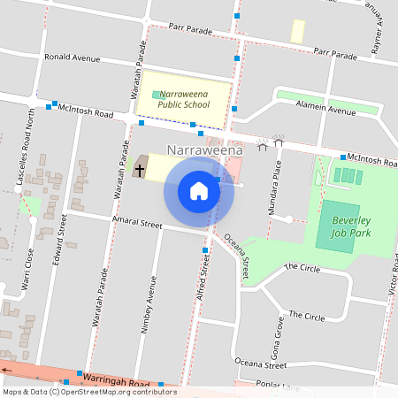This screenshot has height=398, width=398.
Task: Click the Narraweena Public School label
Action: pyautogui.click(x=183, y=99)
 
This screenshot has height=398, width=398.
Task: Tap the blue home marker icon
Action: pyautogui.click(x=199, y=191)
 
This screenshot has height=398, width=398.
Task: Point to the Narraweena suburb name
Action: pyautogui.click(x=204, y=151)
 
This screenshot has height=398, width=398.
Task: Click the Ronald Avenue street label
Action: pyautogui.click(x=73, y=57)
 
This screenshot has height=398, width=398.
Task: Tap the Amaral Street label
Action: pyautogui.click(x=136, y=222)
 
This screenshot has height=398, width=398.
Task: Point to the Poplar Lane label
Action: pyautogui.click(x=278, y=386)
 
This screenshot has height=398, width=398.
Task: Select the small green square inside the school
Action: pyautogui.click(x=157, y=94)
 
